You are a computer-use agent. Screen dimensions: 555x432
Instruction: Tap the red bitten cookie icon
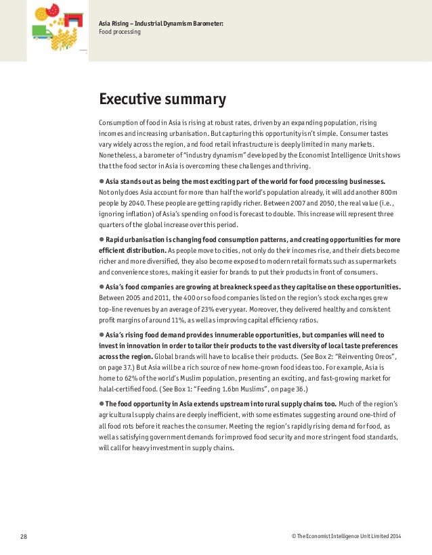[x=52, y=9]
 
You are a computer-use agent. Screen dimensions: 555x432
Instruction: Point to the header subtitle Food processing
[x=120, y=31]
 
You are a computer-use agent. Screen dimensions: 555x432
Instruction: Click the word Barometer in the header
[x=205, y=24]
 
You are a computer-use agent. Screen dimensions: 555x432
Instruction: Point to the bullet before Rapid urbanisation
[x=102, y=239]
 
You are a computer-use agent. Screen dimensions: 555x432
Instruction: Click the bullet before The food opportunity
[x=102, y=403]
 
